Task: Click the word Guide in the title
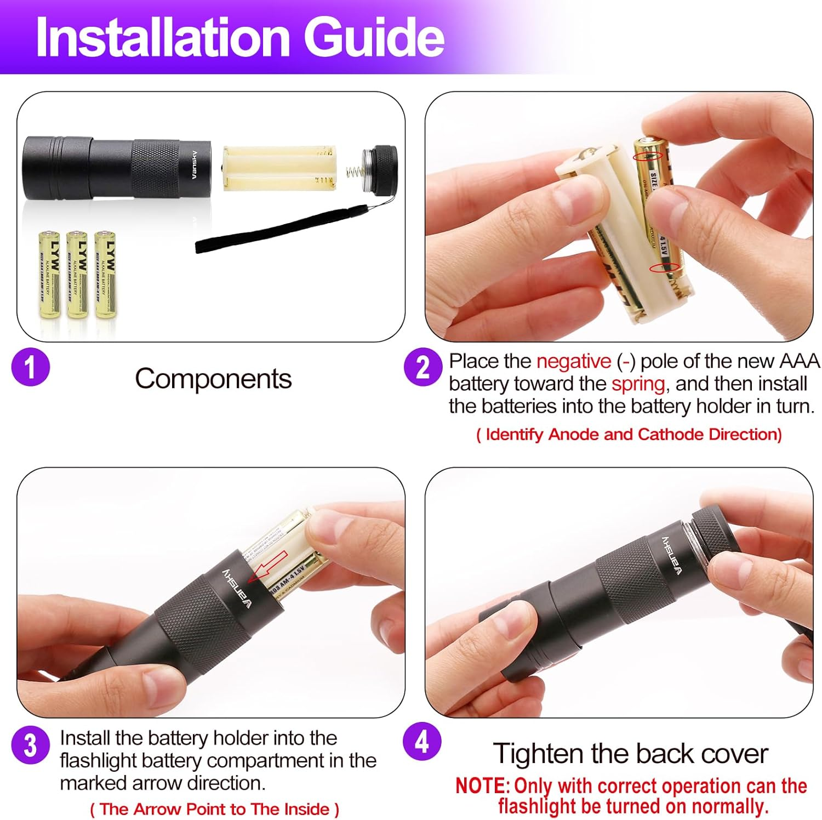click(x=374, y=37)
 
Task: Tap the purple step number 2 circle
click(x=423, y=367)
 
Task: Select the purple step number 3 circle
click(x=31, y=745)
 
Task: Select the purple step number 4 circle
click(x=422, y=741)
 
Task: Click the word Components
click(x=213, y=379)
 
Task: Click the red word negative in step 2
click(x=573, y=361)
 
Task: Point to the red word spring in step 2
click(x=638, y=384)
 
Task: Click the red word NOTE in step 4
click(x=481, y=785)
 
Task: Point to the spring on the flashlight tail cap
click(x=355, y=172)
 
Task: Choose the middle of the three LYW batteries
click(x=77, y=274)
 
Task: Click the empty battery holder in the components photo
click(x=279, y=168)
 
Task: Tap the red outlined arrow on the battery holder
click(x=267, y=567)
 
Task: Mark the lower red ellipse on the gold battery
click(x=664, y=267)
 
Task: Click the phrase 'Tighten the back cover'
click(x=630, y=754)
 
